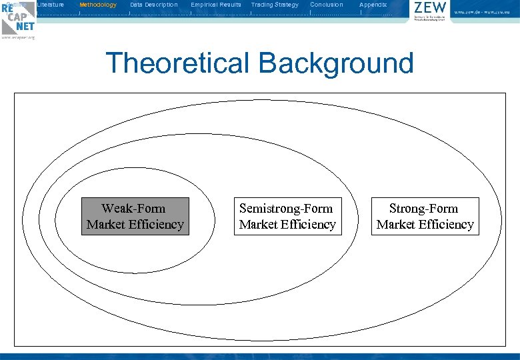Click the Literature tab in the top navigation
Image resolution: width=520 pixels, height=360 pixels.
coord(51,5)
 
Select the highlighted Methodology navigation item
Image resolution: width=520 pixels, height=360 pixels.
coord(98,5)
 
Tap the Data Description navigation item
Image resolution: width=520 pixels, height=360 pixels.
coord(154,5)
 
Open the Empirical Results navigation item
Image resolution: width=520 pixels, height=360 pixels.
coord(216,5)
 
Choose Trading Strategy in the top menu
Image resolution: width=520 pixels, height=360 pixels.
coord(275,5)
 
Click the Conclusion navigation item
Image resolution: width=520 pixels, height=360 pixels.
coord(327,5)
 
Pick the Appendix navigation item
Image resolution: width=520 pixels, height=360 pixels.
coord(373,5)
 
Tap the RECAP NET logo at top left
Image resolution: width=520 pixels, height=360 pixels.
coord(18,18)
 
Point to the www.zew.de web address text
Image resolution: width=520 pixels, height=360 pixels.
coord(485,12)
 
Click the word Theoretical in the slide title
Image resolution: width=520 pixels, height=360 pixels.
coord(177,63)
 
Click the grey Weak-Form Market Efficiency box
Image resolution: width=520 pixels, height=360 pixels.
coord(135,217)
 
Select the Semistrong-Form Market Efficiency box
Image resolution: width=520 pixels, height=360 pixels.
coord(287,217)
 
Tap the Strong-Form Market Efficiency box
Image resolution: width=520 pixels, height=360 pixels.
coord(425,217)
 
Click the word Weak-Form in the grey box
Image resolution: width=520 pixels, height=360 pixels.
coord(133,209)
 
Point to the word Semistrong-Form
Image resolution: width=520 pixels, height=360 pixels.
coord(286,209)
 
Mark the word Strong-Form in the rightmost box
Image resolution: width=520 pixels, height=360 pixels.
coord(424,209)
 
